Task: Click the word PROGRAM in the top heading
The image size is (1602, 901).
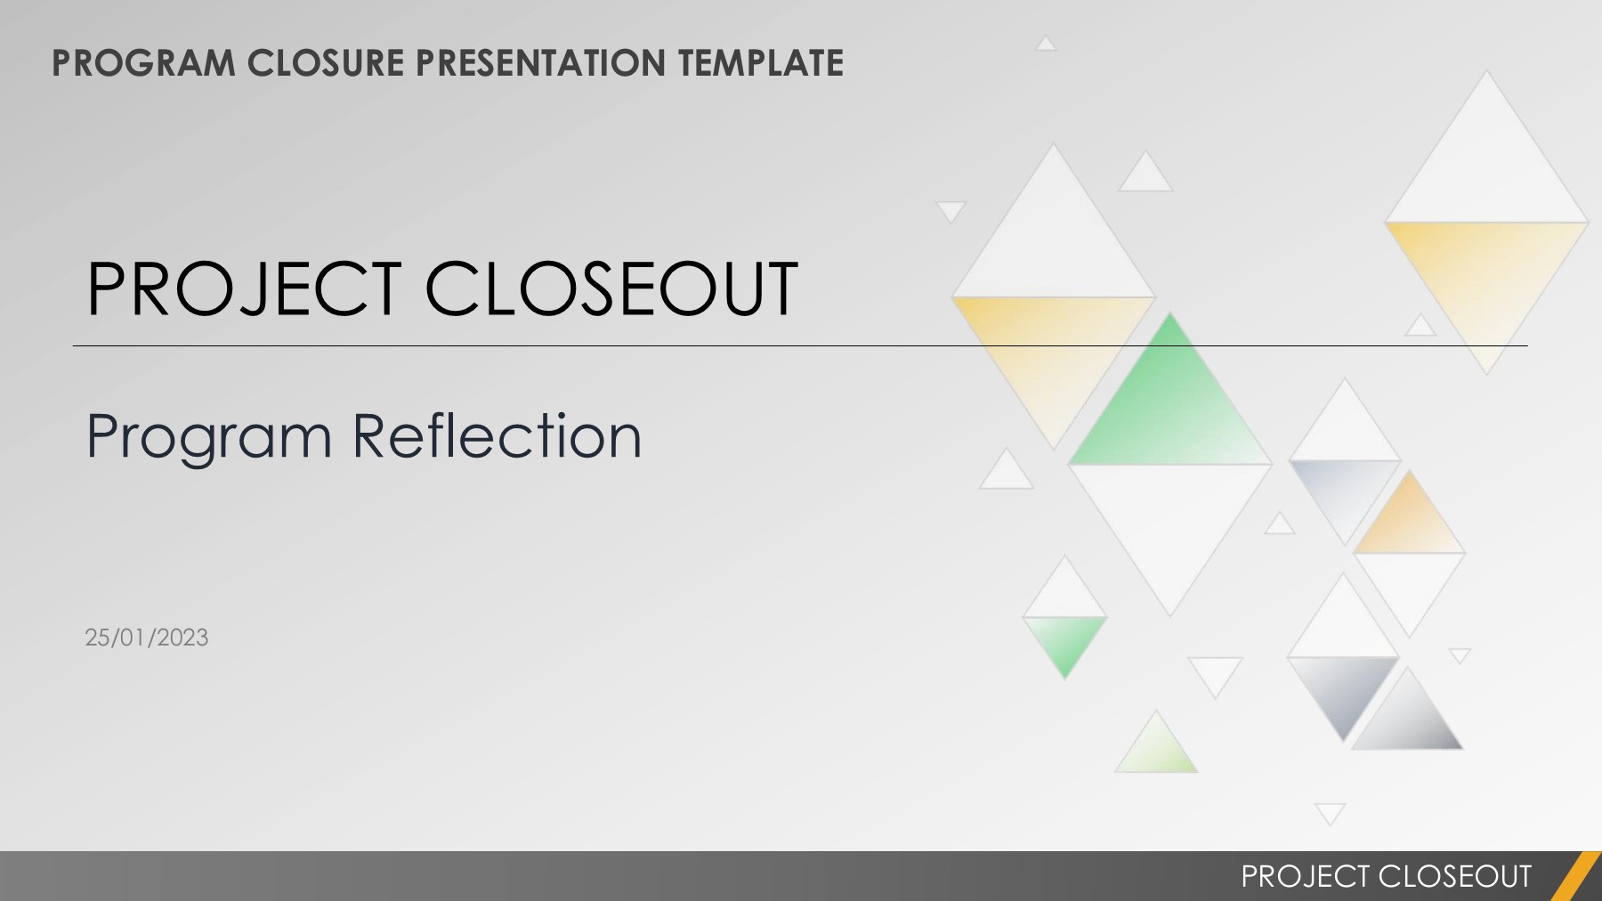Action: pyautogui.click(x=143, y=63)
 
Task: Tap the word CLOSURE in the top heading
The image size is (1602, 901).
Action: pyautogui.click(x=325, y=63)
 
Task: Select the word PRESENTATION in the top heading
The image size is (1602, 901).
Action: pyautogui.click(x=540, y=63)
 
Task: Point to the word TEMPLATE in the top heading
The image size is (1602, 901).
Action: pyautogui.click(x=760, y=63)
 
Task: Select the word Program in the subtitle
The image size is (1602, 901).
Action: pyautogui.click(x=209, y=437)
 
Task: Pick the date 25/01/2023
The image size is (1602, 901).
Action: pyautogui.click(x=147, y=637)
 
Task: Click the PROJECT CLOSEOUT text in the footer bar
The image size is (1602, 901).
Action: pyautogui.click(x=1386, y=876)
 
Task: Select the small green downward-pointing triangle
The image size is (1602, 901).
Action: pyautogui.click(x=1064, y=641)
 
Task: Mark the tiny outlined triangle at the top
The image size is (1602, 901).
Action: pyautogui.click(x=1046, y=44)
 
